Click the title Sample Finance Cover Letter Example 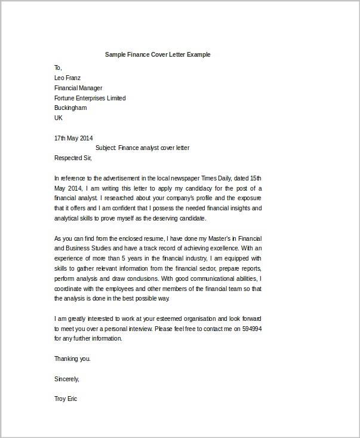pos(158,54)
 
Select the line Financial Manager pos(79,88)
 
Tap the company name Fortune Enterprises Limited pos(90,98)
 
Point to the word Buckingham pos(70,108)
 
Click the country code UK pos(59,118)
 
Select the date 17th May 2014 pos(73,138)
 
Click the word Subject pos(106,148)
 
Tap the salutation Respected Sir pos(73,158)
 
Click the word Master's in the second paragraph pos(209,238)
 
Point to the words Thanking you pos(72,359)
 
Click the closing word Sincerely pos(66,379)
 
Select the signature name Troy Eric pos(66,399)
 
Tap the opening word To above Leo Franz pos(58,68)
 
